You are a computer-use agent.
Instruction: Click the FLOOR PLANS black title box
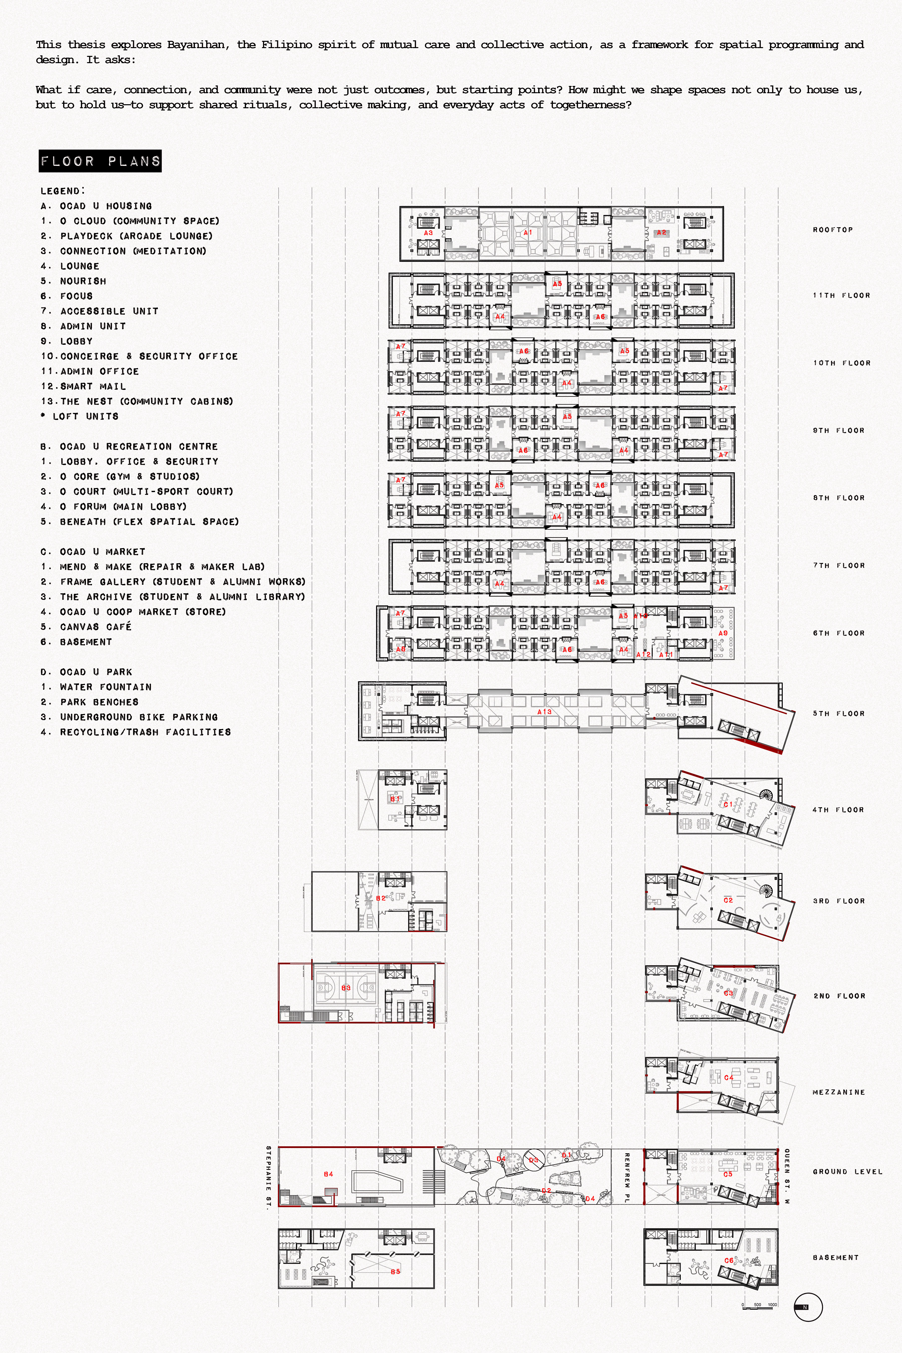pos(100,161)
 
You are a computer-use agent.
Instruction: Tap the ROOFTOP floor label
pos(832,230)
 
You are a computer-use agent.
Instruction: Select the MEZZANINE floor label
pos(838,1092)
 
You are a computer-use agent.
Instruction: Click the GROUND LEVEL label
pos(847,1171)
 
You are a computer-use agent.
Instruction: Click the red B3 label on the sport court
pos(346,988)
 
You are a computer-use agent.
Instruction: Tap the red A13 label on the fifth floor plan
pos(544,712)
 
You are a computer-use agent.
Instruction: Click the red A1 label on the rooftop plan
pos(527,233)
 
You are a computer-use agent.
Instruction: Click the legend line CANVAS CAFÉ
pos(95,626)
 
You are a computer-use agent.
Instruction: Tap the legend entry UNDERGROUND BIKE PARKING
pos(139,717)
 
